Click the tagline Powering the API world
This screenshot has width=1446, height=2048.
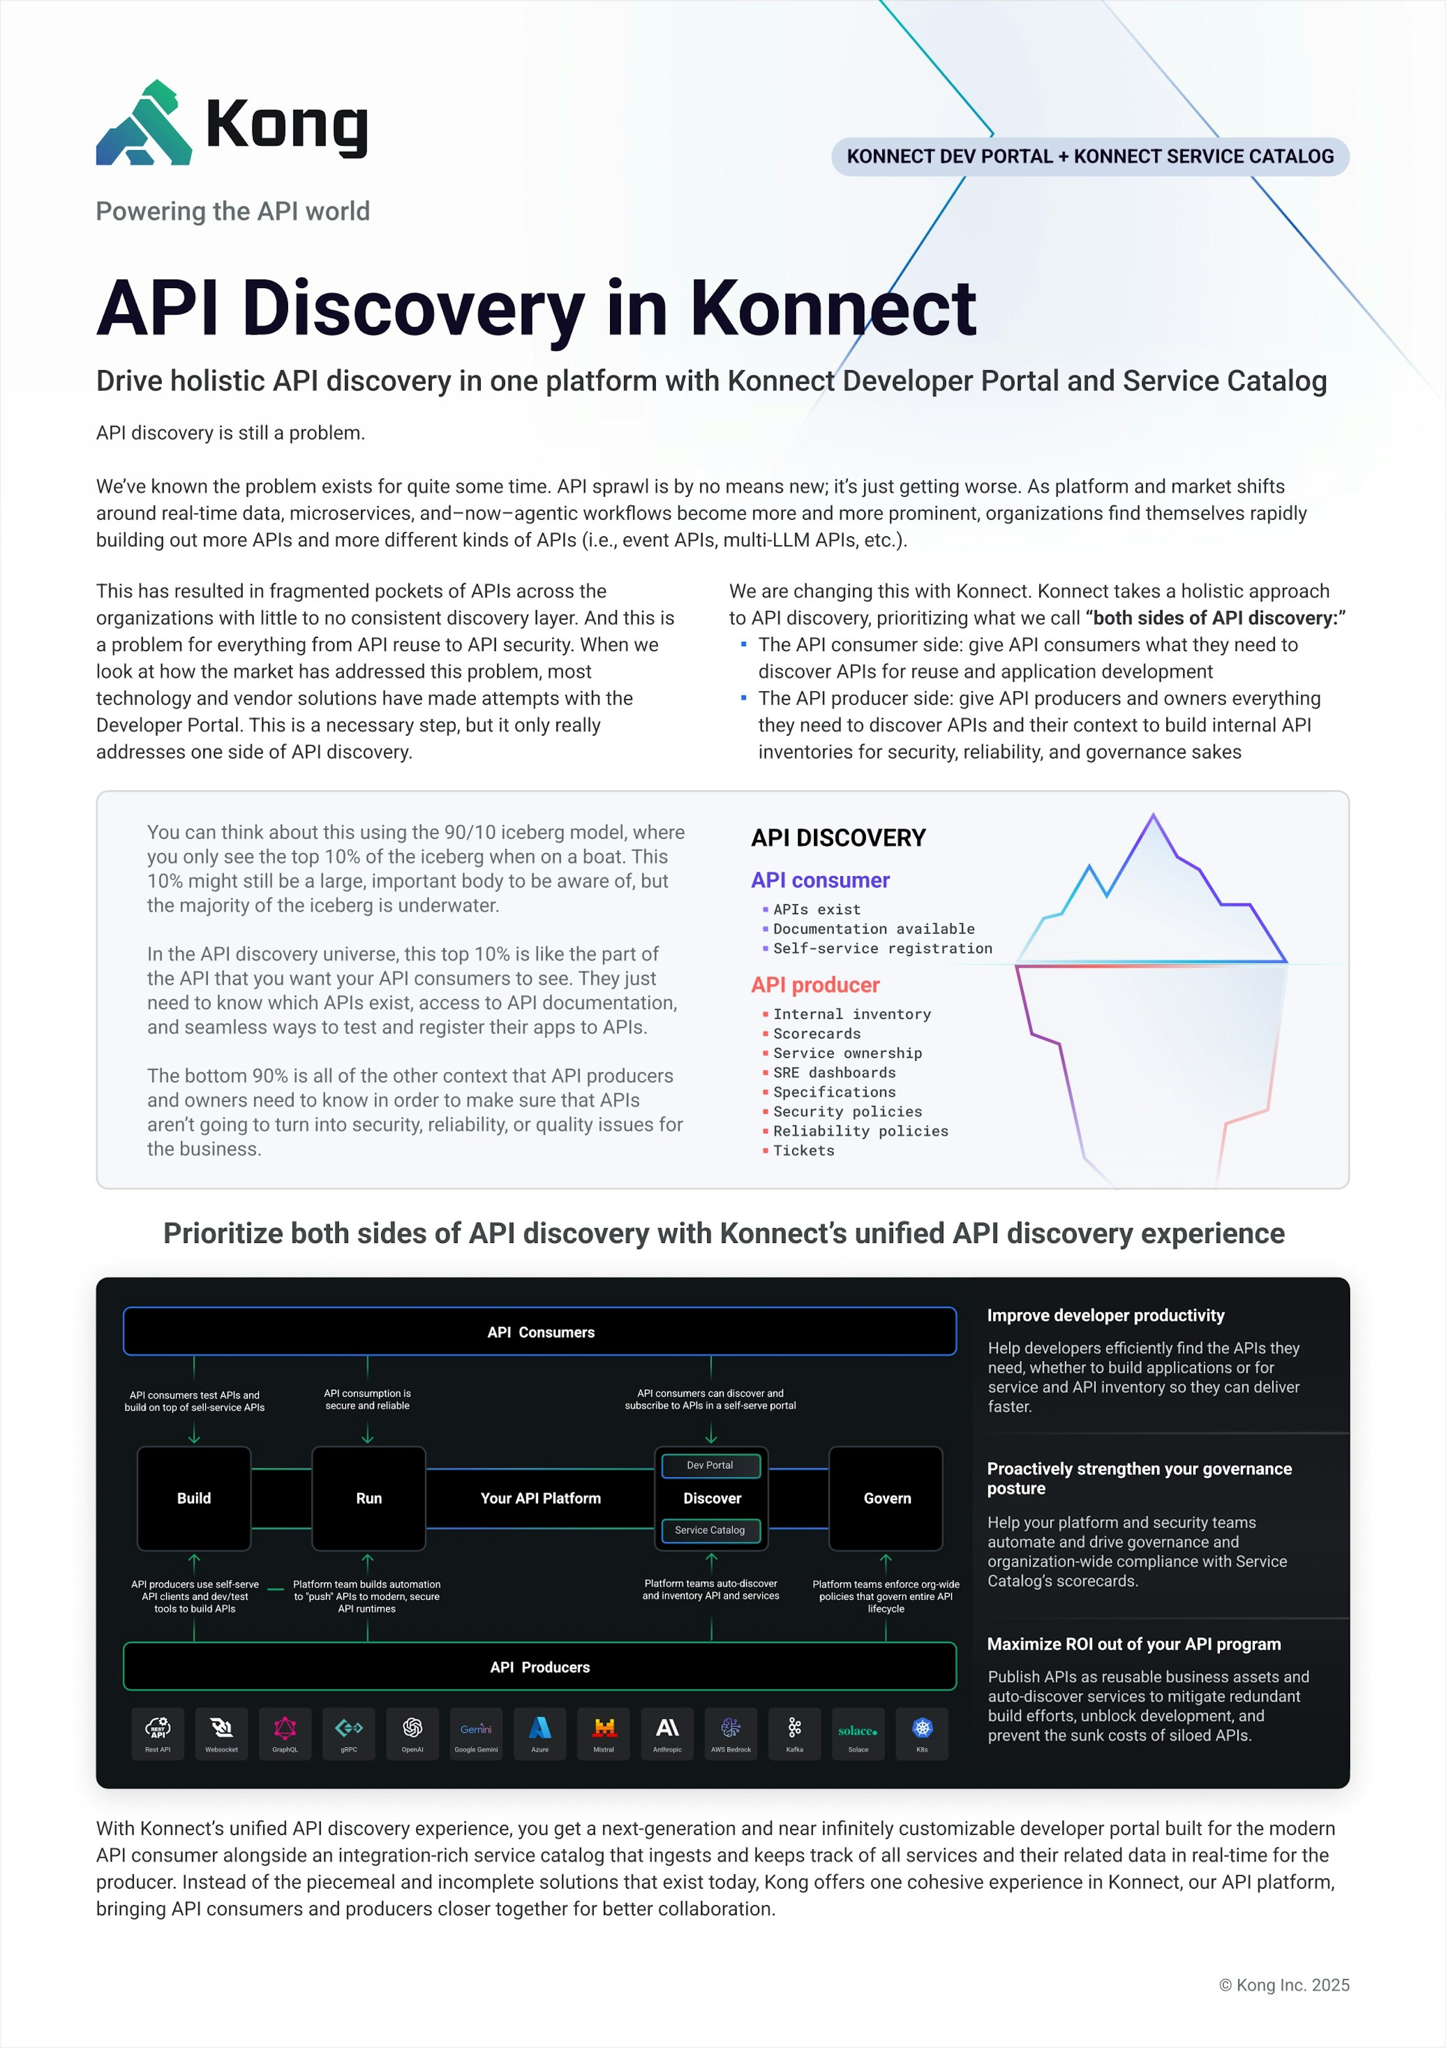pos(233,211)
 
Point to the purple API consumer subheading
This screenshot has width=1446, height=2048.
pos(820,880)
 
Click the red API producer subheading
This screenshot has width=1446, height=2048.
pos(815,985)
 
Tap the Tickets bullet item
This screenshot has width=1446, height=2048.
pos(803,1151)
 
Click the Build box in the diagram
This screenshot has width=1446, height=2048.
pos(194,1498)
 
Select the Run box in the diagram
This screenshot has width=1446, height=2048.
pos(368,1498)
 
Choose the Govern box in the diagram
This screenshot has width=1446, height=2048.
pos(887,1498)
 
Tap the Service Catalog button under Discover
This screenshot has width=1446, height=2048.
pos(710,1530)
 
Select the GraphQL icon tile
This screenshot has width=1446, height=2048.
pos(285,1733)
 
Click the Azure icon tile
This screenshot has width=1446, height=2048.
pos(539,1733)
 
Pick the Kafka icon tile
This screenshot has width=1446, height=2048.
pos(794,1733)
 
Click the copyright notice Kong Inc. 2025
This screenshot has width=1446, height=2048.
pos(1284,1985)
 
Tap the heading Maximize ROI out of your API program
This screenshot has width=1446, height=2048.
pos(1133,1644)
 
